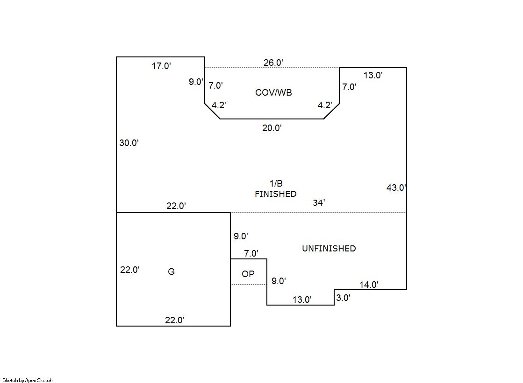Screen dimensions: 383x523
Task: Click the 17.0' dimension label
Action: click(x=161, y=66)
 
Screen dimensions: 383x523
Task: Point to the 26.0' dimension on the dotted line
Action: click(x=273, y=63)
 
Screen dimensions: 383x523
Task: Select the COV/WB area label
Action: click(x=273, y=92)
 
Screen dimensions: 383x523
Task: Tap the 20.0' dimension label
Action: click(x=272, y=128)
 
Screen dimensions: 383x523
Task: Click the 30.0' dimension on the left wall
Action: click(x=129, y=143)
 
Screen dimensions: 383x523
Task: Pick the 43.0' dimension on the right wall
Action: click(x=396, y=188)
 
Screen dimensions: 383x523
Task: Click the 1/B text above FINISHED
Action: click(x=276, y=184)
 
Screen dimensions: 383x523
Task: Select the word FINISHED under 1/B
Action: click(x=275, y=194)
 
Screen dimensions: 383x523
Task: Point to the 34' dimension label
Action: click(x=319, y=202)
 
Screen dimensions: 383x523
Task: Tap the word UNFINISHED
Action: click(x=329, y=249)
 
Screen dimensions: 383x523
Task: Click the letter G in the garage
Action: click(x=171, y=272)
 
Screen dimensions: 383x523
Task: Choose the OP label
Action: click(x=248, y=274)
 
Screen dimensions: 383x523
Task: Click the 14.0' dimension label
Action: click(x=369, y=285)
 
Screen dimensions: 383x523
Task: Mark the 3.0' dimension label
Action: click(x=343, y=298)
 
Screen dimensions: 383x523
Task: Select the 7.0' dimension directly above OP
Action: click(x=251, y=254)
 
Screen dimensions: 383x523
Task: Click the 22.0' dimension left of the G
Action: click(x=130, y=270)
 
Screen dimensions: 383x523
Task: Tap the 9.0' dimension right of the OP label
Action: click(x=279, y=281)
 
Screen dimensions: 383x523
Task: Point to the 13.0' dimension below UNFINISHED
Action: click(x=302, y=300)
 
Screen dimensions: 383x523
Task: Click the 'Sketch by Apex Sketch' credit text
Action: click(x=28, y=380)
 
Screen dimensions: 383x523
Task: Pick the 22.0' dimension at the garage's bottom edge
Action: click(x=175, y=320)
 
